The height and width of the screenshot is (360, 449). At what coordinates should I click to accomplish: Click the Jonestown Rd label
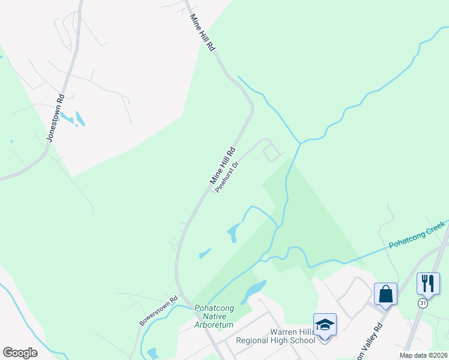click(56, 119)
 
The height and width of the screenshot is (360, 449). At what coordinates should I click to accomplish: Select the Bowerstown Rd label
click(159, 311)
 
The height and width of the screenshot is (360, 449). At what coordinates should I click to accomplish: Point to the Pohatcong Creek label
click(417, 235)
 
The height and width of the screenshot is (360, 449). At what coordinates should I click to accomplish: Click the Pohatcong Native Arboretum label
click(214, 316)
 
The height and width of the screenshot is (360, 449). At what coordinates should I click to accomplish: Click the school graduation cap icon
click(325, 325)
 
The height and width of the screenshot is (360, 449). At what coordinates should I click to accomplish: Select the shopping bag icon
click(385, 294)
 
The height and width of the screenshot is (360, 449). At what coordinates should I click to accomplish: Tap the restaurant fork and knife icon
click(428, 283)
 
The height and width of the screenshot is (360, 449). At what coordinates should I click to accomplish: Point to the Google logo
click(20, 352)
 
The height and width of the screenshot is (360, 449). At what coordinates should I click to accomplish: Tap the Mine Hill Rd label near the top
click(202, 33)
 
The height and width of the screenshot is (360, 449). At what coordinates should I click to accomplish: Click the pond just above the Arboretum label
click(254, 290)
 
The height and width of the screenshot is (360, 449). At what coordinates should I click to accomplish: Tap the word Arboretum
click(214, 325)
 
